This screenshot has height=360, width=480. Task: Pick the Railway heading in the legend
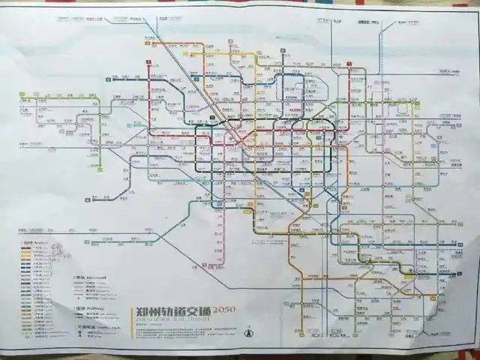[84, 308]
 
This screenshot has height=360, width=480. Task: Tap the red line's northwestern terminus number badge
[149, 64]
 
